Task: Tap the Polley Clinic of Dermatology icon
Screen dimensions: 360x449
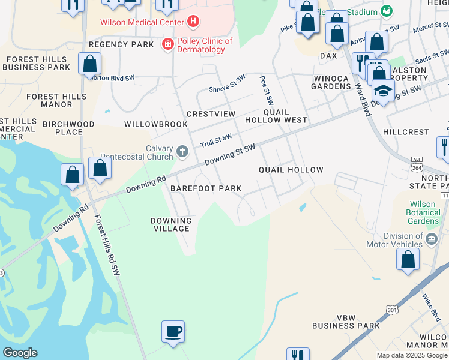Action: pos(168,44)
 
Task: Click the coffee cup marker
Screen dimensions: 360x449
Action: pos(173,332)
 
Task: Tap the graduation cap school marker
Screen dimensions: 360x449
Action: pos(382,91)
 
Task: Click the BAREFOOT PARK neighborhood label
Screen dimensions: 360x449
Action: pos(206,188)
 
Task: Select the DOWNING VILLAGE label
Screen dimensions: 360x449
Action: pos(171,224)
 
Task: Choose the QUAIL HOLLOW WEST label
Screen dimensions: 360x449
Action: pos(276,116)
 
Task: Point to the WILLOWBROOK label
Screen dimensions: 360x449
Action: pos(156,124)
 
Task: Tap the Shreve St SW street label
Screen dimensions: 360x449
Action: pos(228,84)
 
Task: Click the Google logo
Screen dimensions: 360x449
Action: pos(20,353)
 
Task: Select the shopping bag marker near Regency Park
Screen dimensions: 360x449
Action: pos(89,63)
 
